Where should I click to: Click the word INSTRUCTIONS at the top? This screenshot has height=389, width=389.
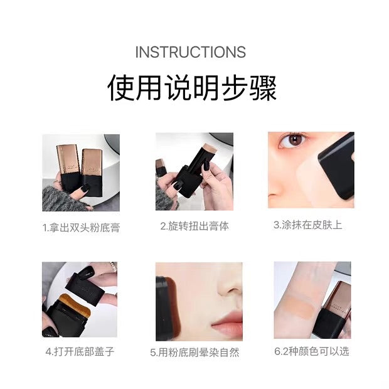pos(190,52)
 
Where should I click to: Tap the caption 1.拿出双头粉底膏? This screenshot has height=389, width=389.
pos(81,226)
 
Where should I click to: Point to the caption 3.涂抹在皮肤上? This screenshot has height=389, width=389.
pos(308,225)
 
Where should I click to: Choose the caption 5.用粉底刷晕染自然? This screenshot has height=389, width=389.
pos(194,352)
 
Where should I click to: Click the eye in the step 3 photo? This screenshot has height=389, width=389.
pos(292,141)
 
